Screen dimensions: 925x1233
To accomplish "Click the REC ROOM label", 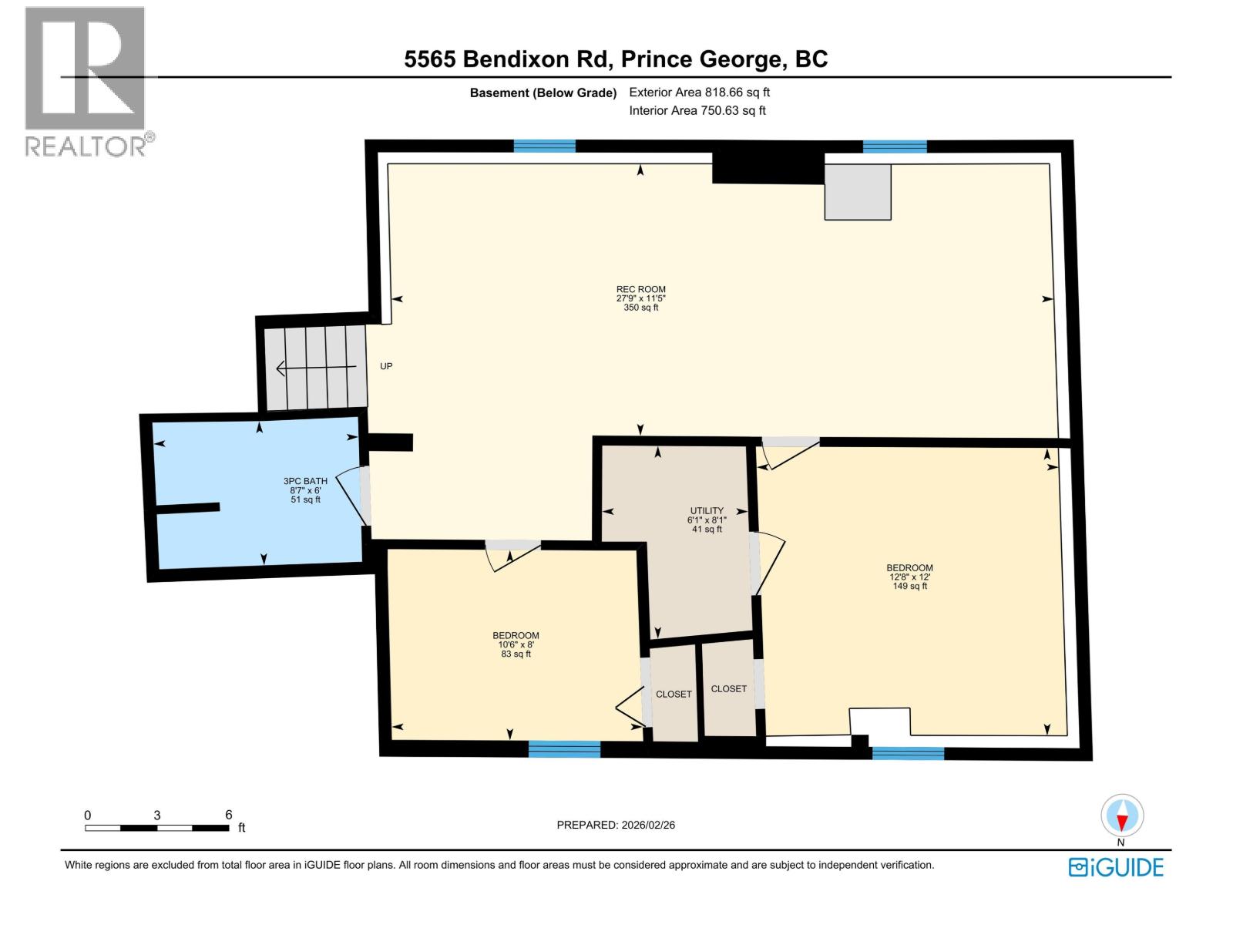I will coord(640,290).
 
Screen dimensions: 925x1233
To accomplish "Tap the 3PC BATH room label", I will coord(305,481).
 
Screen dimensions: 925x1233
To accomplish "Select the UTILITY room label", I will coord(707,510).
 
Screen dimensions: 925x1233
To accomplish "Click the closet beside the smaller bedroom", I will coord(674,694).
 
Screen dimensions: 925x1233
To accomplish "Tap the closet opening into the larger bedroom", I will coord(729,688).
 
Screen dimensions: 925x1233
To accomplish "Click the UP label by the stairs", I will coord(386,366).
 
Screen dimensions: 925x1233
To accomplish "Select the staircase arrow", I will coord(315,368).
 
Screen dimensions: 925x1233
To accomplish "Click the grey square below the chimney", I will coord(858,192).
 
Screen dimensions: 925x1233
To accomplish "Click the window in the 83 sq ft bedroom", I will coord(564,748).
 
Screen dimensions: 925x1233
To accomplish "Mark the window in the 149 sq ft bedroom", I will coord(908,753).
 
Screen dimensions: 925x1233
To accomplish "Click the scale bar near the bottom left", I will coord(157,828).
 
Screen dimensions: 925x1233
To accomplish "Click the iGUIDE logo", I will coord(1116,867).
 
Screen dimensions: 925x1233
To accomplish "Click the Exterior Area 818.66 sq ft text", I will coord(699,92).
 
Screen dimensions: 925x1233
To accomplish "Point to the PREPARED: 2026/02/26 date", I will coord(616,825).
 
